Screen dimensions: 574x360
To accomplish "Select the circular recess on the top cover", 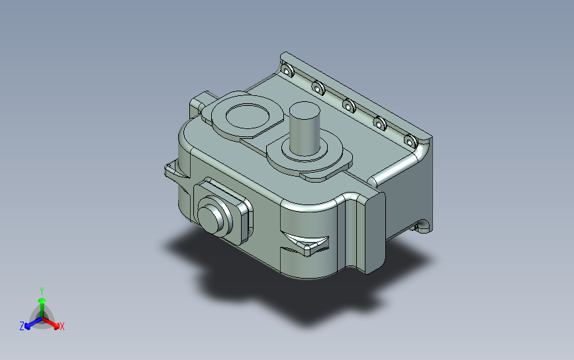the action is (248, 116).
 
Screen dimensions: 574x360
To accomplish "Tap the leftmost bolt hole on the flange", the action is (287, 70).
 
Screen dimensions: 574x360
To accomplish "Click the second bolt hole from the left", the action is (318, 88).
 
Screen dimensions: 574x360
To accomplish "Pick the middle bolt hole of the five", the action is (349, 106).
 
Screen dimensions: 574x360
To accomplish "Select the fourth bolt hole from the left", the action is (379, 123).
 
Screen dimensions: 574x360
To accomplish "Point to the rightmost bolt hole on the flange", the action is (410, 141).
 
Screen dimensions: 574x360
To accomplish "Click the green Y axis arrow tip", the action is (42, 300).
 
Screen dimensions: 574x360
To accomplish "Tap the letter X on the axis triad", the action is (62, 326).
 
